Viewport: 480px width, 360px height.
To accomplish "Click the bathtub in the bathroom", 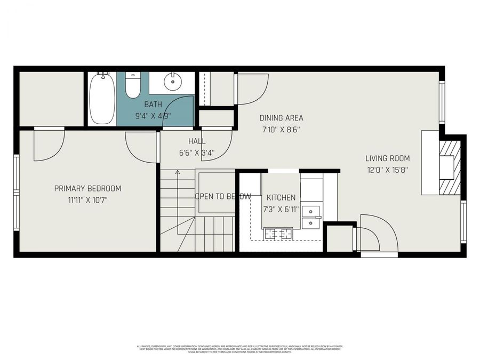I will [x=101, y=99].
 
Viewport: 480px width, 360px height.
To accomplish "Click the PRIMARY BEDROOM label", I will [x=88, y=188].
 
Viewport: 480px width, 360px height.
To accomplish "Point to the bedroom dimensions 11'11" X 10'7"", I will [x=88, y=200].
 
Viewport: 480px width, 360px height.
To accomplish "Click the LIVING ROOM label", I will [x=387, y=158].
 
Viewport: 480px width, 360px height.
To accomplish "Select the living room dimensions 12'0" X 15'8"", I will [x=387, y=170].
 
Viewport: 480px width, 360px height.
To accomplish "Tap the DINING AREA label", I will [x=281, y=118].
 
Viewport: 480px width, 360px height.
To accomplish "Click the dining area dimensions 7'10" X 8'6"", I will [x=281, y=130].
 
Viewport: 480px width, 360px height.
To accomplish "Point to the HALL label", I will [x=197, y=141].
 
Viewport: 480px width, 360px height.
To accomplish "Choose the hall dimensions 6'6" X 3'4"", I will [x=197, y=153].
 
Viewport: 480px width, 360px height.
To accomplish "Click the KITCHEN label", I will [x=281, y=197].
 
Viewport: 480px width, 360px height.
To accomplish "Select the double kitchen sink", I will [x=310, y=217].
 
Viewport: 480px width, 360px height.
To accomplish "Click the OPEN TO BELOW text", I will [x=222, y=196].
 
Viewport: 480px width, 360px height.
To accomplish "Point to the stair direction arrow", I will [x=178, y=172].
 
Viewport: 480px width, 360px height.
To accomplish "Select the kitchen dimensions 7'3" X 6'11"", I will [x=281, y=209].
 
